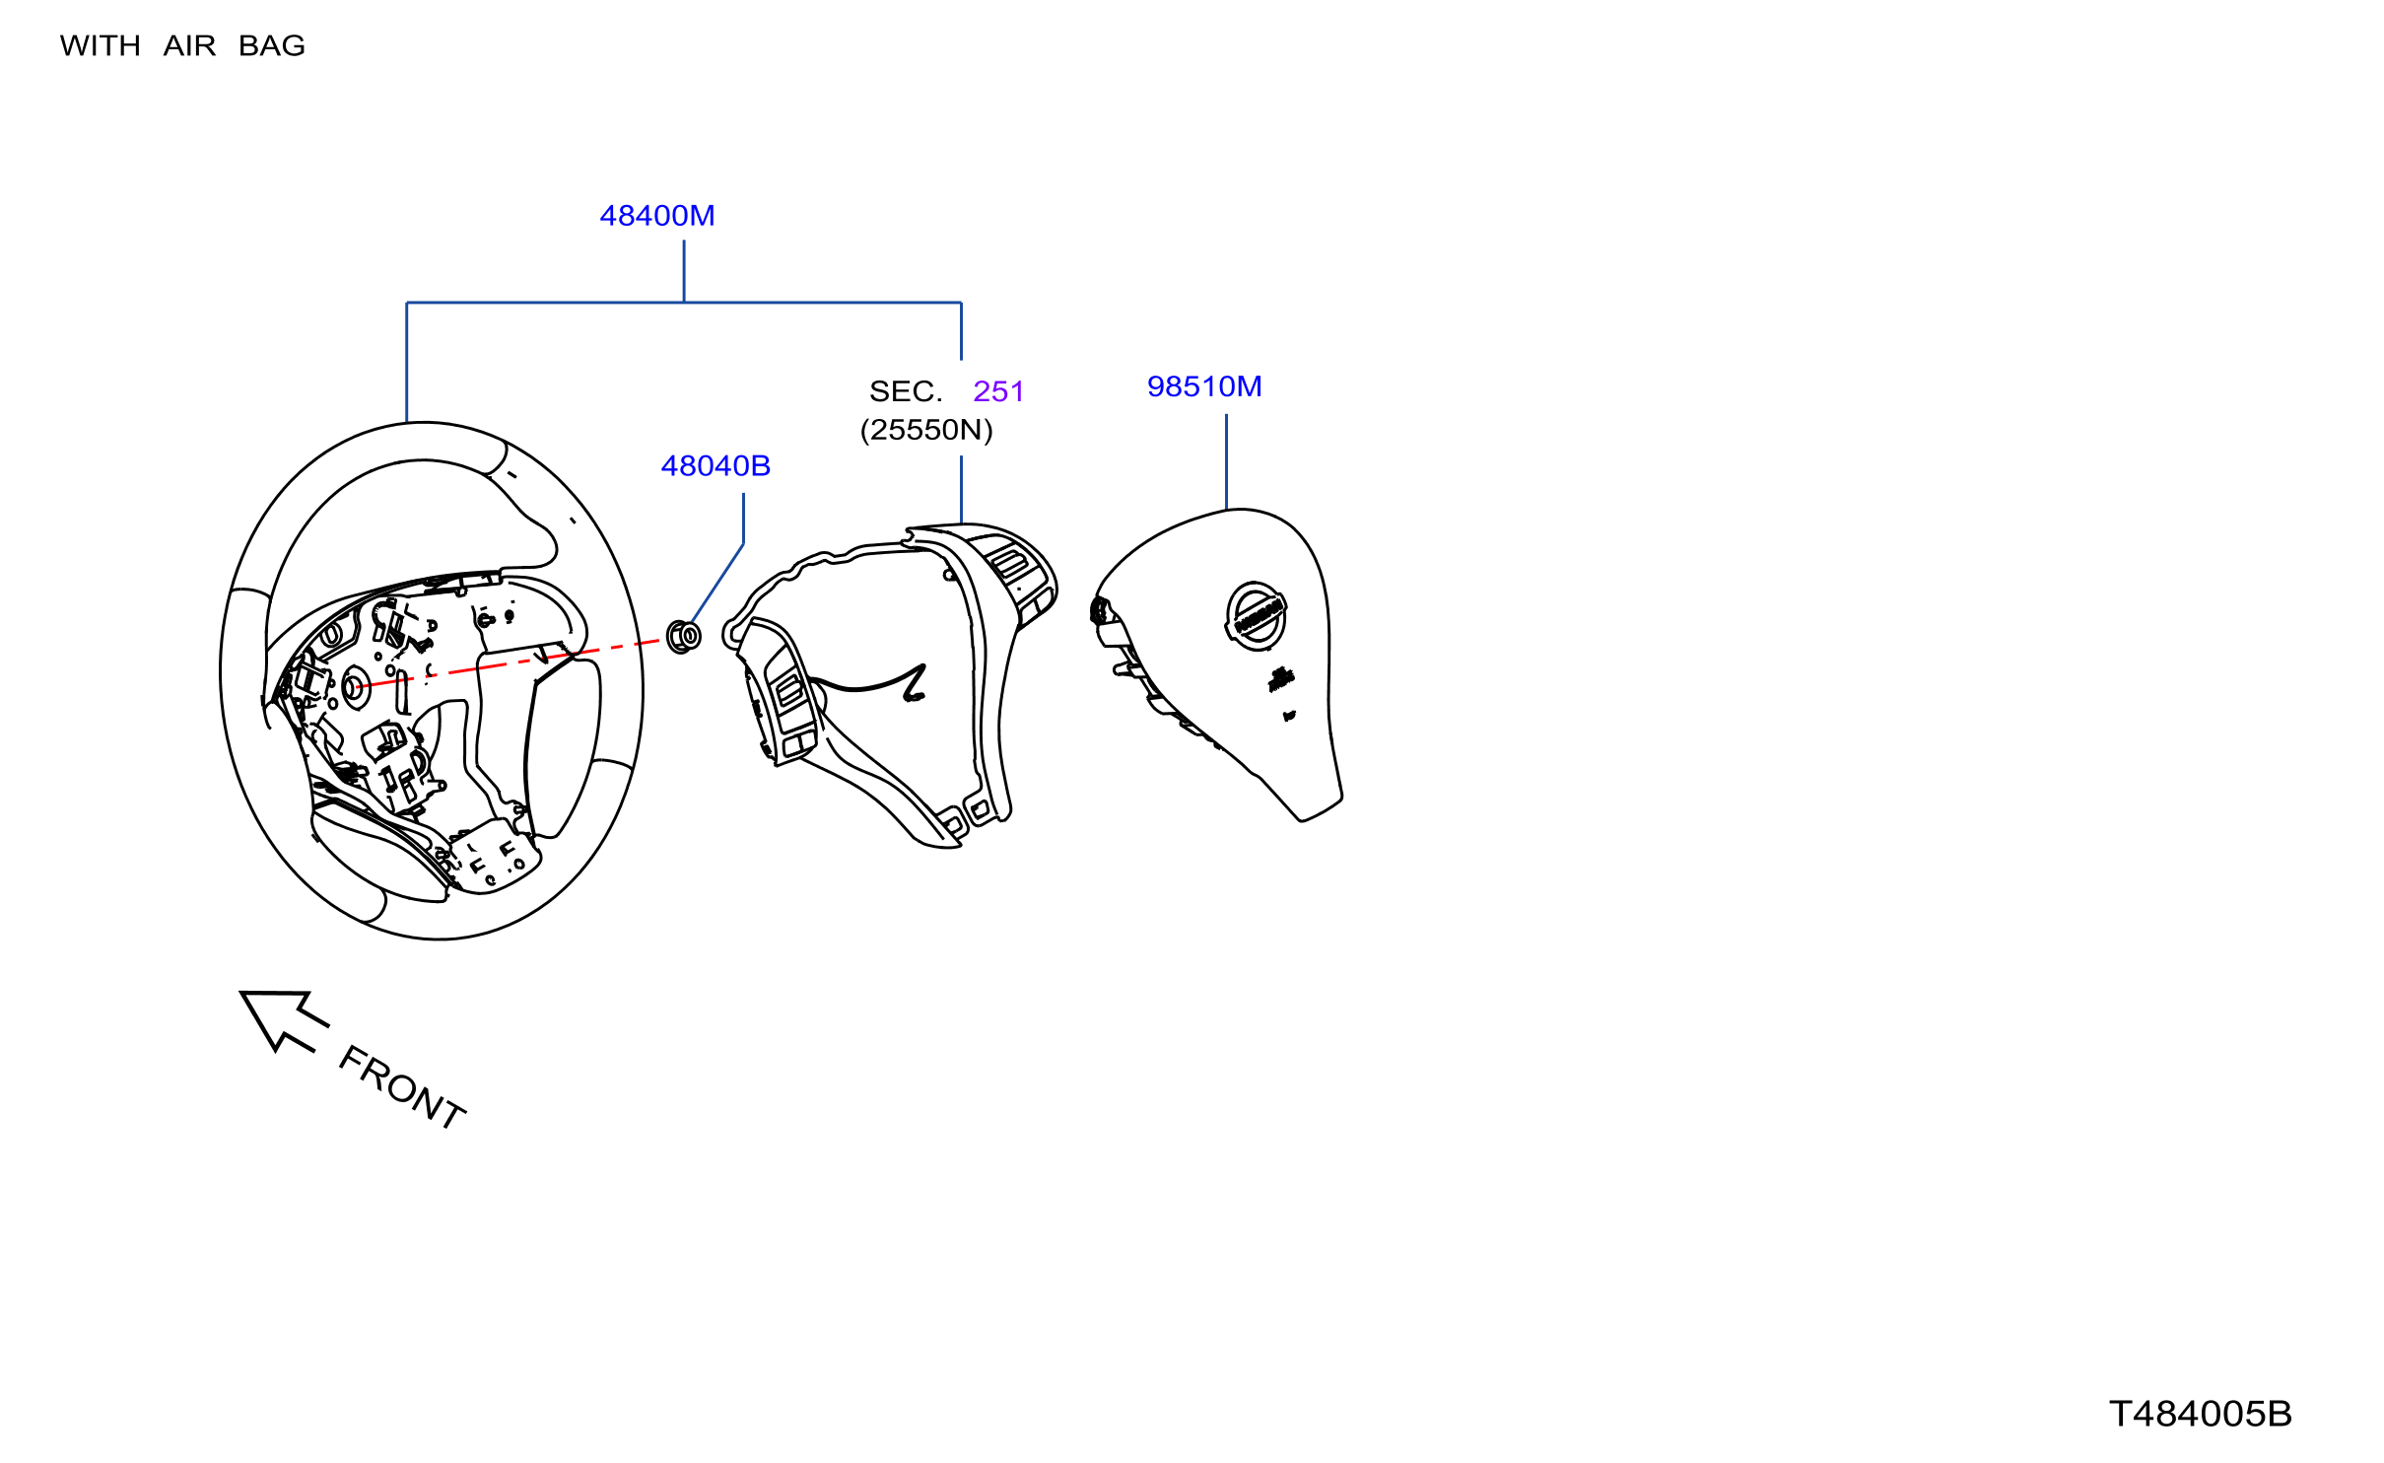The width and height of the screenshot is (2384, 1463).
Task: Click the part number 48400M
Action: coord(657,216)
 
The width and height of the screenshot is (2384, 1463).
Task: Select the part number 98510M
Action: coord(1204,386)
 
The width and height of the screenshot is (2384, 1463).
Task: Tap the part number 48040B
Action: coord(715,466)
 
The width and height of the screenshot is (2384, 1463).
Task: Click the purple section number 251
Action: coord(998,391)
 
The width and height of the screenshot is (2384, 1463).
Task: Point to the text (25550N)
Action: coord(926,430)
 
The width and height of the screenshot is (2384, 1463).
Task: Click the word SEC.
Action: coord(906,391)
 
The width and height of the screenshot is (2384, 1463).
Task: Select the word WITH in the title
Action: coord(101,46)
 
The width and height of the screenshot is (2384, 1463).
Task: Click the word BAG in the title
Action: coord(272,46)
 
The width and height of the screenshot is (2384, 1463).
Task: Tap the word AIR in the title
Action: coord(189,46)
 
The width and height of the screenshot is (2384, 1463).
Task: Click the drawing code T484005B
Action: coord(2201,1414)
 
